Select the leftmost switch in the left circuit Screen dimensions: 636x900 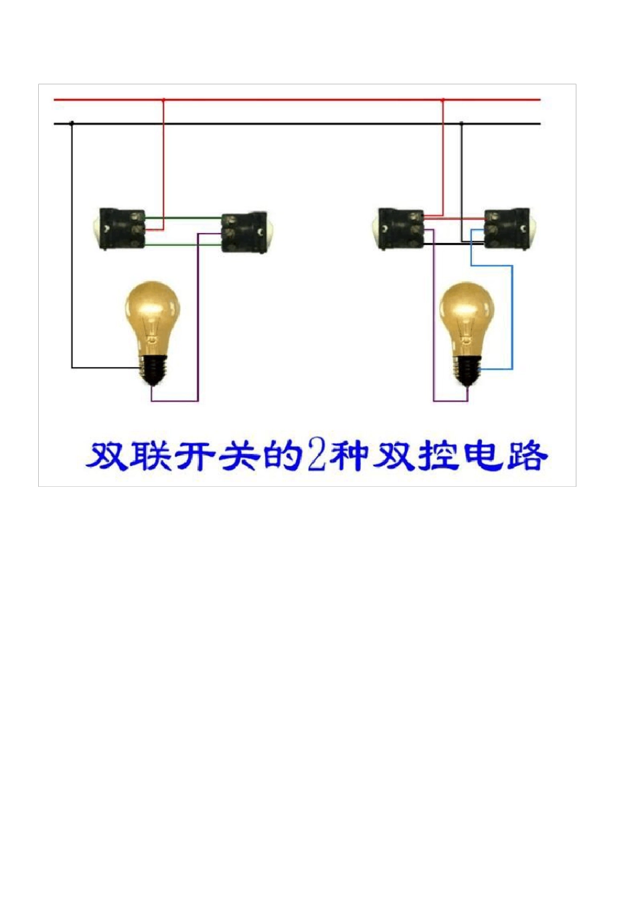point(121,228)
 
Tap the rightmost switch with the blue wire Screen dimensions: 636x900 point(507,230)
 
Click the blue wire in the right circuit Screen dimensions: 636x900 point(512,315)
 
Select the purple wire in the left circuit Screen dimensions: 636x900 point(197,321)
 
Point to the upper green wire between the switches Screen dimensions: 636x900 point(184,217)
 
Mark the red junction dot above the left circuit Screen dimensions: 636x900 point(163,100)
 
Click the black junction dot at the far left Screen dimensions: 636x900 point(72,123)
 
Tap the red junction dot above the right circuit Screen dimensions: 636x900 point(443,100)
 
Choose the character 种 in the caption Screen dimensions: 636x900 point(347,455)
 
